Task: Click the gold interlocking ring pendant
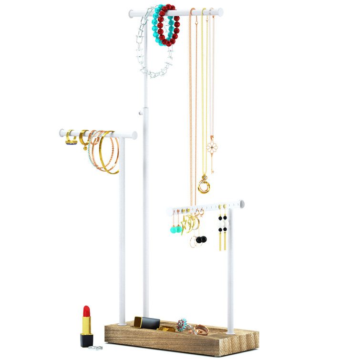pos(204,185)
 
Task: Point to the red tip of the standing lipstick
pos(86,312)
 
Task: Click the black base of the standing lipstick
pos(86,339)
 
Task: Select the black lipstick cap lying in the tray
pos(147,322)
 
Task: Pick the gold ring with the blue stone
pos(71,138)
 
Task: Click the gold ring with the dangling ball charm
pos(84,139)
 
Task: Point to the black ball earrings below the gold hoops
pos(201,239)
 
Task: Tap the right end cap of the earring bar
pos(242,204)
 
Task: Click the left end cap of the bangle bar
pos(62,133)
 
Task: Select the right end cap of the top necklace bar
pos(220,11)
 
